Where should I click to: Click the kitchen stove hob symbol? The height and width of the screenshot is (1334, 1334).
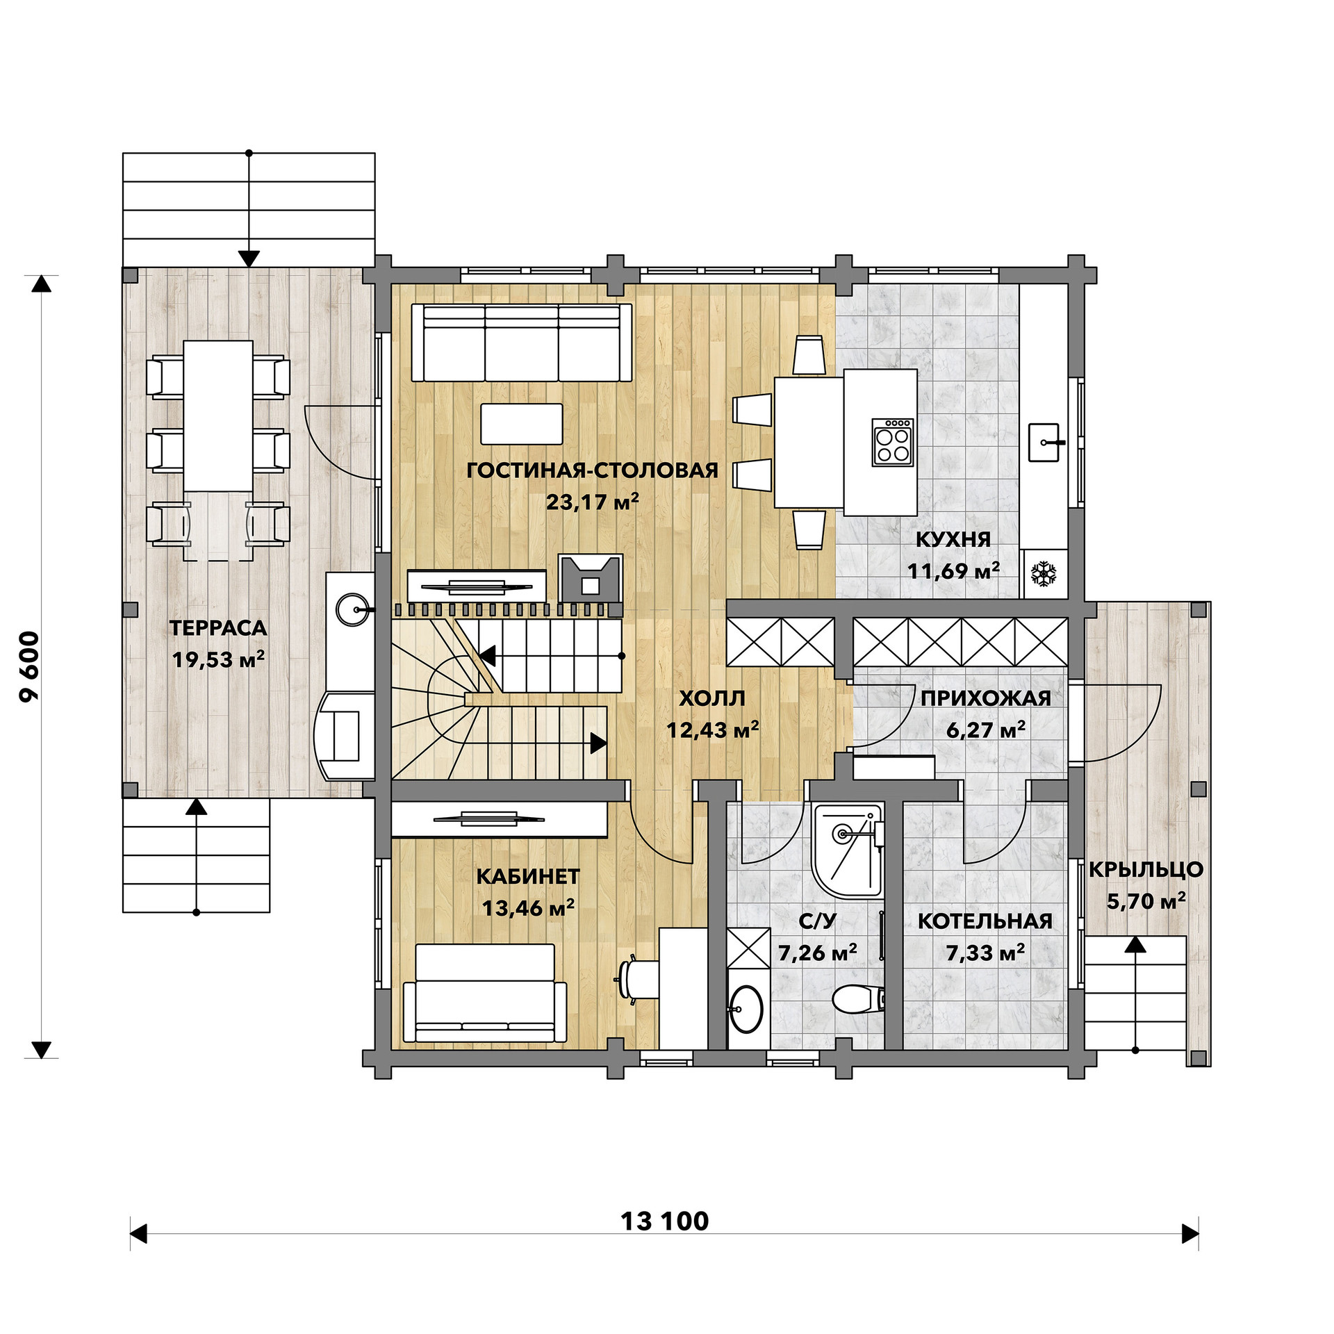tap(894, 442)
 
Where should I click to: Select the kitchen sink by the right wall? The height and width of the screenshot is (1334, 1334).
tap(1044, 443)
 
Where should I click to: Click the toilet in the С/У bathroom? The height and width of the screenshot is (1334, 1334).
tap(859, 999)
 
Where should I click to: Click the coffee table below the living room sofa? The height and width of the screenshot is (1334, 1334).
tap(522, 424)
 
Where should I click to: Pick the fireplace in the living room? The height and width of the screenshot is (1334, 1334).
tap(591, 577)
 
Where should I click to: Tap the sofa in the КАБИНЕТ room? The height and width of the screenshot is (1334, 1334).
tap(485, 993)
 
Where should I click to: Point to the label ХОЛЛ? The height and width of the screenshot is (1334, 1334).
tap(712, 698)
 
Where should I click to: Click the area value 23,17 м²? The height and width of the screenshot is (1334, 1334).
tap(592, 501)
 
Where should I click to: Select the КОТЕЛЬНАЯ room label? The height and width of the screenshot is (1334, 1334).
tap(985, 921)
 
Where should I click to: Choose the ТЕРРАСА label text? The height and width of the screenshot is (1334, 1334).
tap(218, 628)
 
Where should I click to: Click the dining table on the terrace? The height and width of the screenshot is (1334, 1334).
tap(218, 415)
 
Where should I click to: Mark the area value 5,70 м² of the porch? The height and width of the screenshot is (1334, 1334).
tap(1146, 901)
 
